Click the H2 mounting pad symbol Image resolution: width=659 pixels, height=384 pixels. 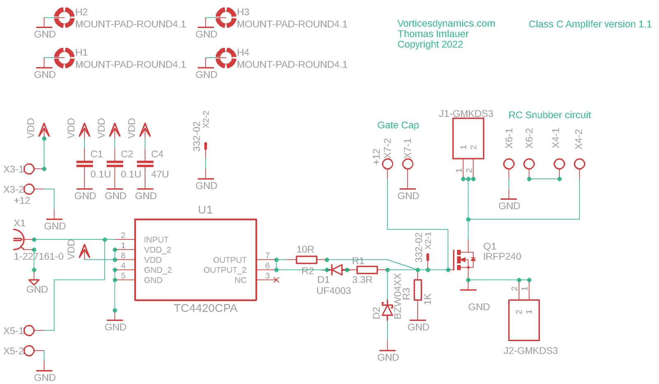pyautogui.click(x=64, y=18)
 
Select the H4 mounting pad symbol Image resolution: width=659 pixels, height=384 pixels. pyautogui.click(x=226, y=58)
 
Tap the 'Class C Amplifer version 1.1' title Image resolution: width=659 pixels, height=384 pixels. pyautogui.click(x=590, y=24)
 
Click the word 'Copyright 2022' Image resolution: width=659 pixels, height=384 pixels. pyautogui.click(x=430, y=44)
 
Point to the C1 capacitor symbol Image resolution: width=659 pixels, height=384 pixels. pyautogui.click(x=84, y=164)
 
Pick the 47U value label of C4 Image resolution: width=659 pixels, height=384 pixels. pyautogui.click(x=160, y=174)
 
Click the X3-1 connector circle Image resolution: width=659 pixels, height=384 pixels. pyautogui.click(x=29, y=169)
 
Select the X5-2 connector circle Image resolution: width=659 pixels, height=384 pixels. pyautogui.click(x=29, y=351)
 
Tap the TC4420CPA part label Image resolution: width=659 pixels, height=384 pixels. pyautogui.click(x=206, y=308)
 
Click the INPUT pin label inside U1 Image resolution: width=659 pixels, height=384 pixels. pyautogui.click(x=156, y=240)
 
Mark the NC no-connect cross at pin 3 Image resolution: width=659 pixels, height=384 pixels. pyautogui.click(x=276, y=280)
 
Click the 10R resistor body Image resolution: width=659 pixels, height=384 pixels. pyautogui.click(x=306, y=260)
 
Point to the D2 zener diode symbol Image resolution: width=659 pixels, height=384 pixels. pyautogui.click(x=387, y=309)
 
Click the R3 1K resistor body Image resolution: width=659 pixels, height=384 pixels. pyautogui.click(x=418, y=290)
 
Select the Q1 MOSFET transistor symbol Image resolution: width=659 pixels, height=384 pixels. pyautogui.click(x=464, y=260)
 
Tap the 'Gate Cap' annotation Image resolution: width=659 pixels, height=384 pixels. pyautogui.click(x=398, y=125)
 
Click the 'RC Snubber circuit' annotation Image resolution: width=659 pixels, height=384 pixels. pyautogui.click(x=549, y=115)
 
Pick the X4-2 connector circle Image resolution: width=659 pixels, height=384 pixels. pyautogui.click(x=580, y=164)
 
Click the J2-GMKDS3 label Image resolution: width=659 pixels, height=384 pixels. pyautogui.click(x=531, y=351)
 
